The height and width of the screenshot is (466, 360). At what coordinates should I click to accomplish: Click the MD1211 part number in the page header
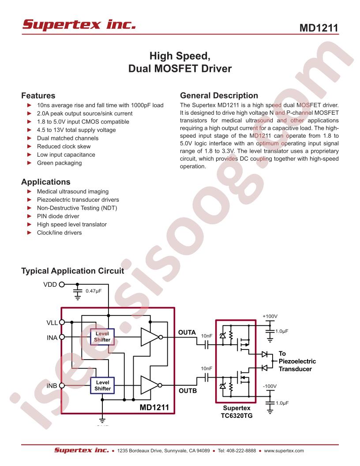coord(319,28)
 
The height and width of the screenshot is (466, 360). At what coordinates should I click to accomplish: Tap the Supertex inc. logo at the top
coord(79,24)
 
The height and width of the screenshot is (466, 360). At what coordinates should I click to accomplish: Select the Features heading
coord(38,96)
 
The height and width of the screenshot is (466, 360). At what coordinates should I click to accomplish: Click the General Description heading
coord(219,95)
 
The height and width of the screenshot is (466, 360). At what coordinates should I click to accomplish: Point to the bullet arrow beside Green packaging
coord(30,162)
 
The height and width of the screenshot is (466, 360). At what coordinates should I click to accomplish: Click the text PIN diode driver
coord(58,216)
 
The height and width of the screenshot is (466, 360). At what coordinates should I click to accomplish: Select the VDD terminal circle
coord(62,285)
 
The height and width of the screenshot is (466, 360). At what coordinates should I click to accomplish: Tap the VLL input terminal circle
coord(62,322)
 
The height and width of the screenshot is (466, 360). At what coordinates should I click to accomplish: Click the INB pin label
coord(52,385)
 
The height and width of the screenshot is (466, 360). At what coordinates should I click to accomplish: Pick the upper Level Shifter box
coord(102,337)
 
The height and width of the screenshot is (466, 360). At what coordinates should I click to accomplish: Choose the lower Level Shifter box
coord(102,385)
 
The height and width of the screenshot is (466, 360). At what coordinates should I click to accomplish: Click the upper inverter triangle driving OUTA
coord(150,337)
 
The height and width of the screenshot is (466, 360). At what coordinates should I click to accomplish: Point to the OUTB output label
coord(188,391)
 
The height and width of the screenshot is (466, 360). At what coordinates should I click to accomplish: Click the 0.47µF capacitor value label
coord(94,291)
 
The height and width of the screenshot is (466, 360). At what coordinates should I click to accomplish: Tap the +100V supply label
coord(270,316)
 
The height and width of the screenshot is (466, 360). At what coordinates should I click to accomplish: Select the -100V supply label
coord(270,386)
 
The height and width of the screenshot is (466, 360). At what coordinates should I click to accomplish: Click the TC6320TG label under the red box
coord(237,416)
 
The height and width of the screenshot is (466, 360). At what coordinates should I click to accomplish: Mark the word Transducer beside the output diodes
coord(295,369)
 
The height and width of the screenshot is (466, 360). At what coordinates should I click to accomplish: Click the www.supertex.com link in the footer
coord(284,451)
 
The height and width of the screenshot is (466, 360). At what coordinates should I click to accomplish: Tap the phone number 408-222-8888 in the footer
coord(241,451)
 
